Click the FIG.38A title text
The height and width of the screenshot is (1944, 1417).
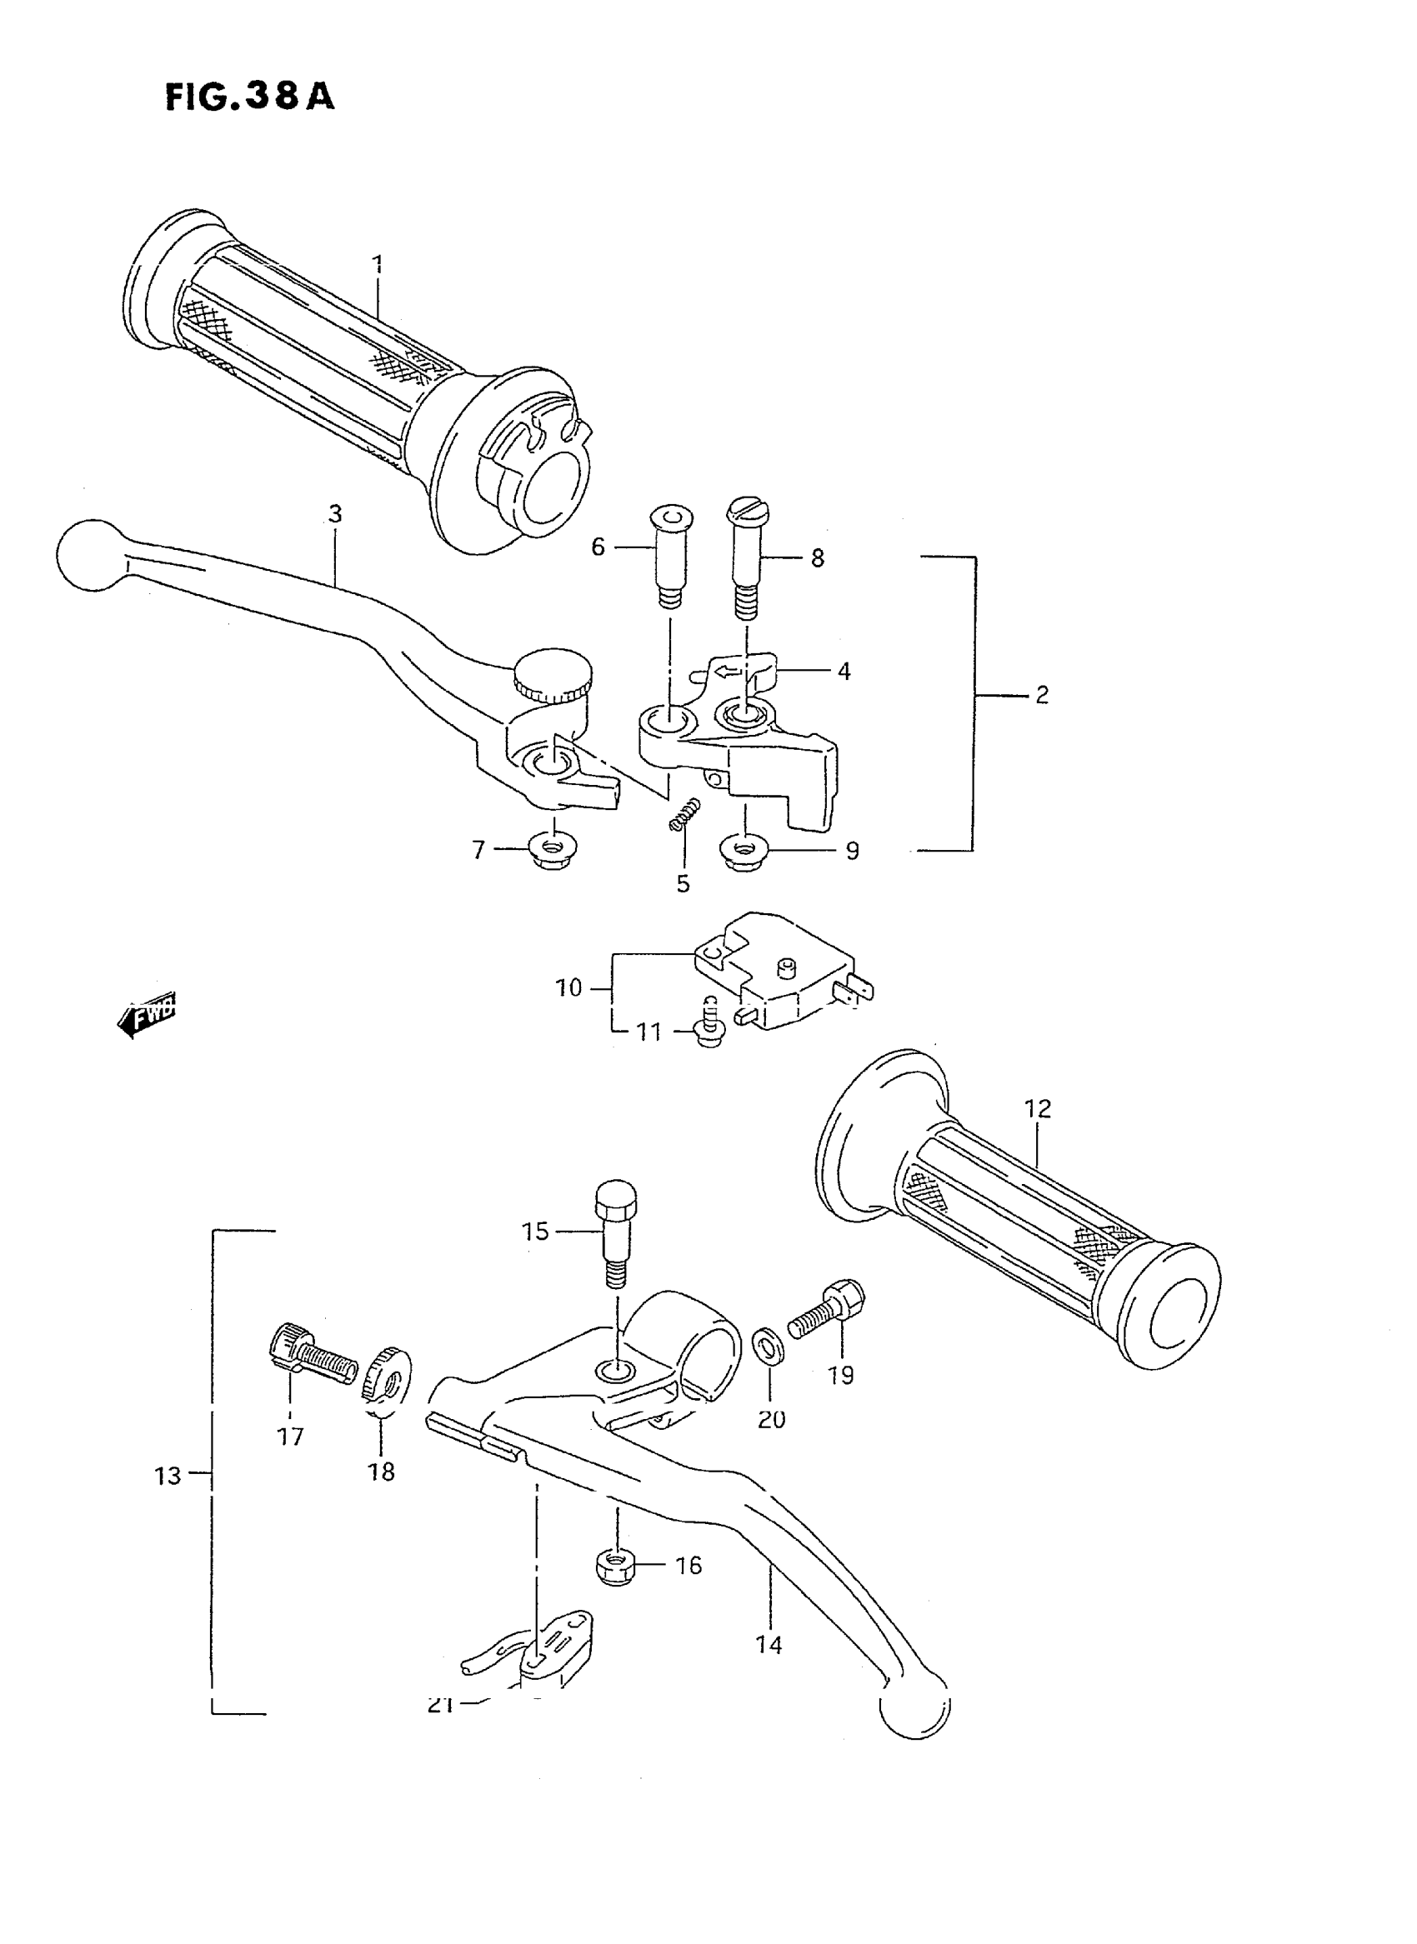248,97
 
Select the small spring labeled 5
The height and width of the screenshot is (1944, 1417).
684,813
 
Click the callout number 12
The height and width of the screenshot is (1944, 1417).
1038,1109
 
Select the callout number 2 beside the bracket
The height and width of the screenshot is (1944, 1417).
1041,695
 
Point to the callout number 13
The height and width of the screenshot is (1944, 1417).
168,1476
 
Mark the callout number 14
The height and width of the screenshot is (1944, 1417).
769,1645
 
